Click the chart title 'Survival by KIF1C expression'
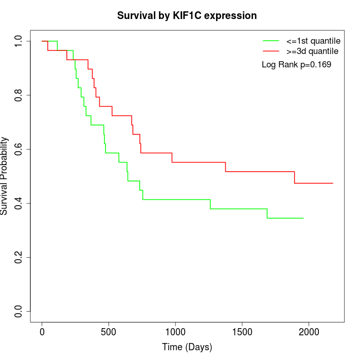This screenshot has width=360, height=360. [x=187, y=15]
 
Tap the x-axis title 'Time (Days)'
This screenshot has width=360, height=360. [x=187, y=347]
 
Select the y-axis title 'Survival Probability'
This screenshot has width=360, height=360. [x=5, y=175]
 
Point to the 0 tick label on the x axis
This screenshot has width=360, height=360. [x=42, y=330]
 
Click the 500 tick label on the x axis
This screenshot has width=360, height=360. [x=109, y=330]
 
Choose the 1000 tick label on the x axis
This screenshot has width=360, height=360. [x=175, y=330]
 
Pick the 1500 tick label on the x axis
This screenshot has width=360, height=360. [x=242, y=330]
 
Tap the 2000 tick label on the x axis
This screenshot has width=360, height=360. [x=309, y=330]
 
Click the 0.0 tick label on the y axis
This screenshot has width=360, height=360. [x=19, y=311]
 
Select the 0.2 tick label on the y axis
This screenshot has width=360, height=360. [x=19, y=257]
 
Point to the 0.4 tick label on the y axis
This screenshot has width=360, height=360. [x=19, y=203]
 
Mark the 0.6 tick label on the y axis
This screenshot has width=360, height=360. [x=19, y=149]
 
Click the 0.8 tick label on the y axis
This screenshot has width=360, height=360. [x=19, y=95]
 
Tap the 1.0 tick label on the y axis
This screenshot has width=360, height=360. [x=19, y=41]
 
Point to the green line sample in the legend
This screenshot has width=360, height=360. [x=271, y=40]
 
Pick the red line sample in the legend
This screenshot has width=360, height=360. [x=271, y=51]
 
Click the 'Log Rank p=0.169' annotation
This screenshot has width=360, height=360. [x=297, y=65]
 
